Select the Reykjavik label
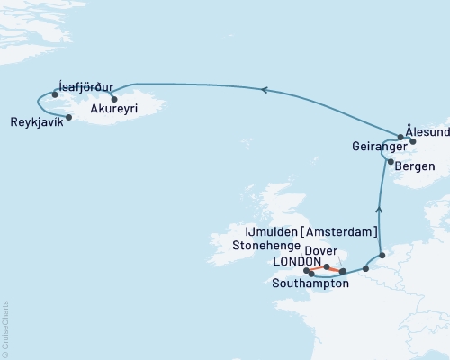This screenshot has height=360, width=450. tap(37, 122)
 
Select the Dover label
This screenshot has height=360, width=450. tap(321, 251)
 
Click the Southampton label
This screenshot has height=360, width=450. tap(310, 283)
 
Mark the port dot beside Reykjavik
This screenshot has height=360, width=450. tap(69, 117)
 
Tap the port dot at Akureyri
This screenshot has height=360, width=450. tap(114, 99)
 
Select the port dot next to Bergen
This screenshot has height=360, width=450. tap(390, 162)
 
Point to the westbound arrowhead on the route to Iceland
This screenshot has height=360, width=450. tap(263, 89)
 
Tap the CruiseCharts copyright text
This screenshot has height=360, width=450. tap(5, 328)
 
